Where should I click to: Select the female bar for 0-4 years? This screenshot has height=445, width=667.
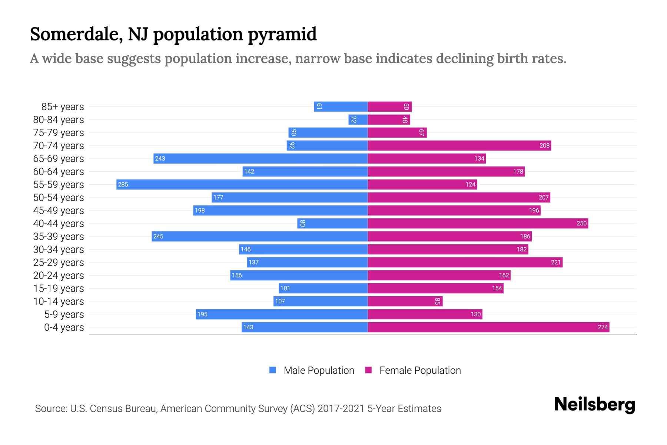click(488, 327)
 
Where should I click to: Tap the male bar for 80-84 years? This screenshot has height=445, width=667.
click(358, 119)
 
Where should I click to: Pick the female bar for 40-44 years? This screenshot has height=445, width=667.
click(478, 223)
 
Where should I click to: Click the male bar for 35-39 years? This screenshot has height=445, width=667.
click(259, 236)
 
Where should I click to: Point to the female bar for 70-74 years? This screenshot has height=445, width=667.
click(459, 145)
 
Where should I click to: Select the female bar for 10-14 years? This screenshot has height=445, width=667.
click(405, 301)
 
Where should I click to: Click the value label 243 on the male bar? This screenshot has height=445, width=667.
click(160, 158)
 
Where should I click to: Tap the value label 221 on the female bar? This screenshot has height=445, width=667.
click(556, 262)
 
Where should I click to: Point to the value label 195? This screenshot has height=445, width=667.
click(202, 314)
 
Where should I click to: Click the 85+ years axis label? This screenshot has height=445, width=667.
click(63, 107)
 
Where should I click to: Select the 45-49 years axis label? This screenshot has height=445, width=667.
click(59, 211)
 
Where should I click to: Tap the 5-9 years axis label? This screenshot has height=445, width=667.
click(64, 314)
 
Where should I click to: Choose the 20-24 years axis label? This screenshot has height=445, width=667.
click(59, 276)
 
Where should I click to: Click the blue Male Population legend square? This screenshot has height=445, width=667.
click(273, 370)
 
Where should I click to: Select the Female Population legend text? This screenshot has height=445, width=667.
click(420, 370)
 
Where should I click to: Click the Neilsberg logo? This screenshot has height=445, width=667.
click(594, 405)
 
